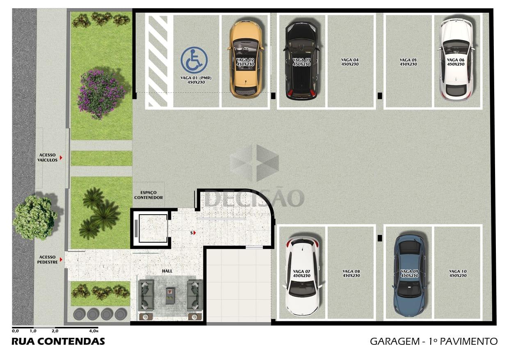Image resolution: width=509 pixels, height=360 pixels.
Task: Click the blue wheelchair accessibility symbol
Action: click(194, 60)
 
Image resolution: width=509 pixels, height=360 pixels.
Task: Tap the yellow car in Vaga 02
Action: click(247, 60)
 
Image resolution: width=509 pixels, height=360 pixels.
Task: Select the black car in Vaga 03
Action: click(301, 61)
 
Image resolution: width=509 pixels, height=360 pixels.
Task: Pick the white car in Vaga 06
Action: click(456, 59)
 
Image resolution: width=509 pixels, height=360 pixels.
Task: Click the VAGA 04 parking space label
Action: click(350, 62)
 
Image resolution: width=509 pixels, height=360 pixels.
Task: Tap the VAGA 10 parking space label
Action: click(458, 273)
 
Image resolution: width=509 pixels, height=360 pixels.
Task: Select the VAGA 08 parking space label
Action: click(351, 273)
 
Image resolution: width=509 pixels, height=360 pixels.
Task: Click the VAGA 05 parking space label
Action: click(408, 62)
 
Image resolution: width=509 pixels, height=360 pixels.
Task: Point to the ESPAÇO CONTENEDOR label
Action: click(148, 195)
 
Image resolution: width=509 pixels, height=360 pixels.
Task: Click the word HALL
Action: click(167, 271)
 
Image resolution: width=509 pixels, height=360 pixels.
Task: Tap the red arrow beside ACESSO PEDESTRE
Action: click(61, 259)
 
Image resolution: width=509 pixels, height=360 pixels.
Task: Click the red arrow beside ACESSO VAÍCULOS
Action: click(61, 157)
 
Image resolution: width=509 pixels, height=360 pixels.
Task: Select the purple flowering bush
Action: click(101, 94)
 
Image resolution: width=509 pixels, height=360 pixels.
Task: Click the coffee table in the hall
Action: click(170, 296)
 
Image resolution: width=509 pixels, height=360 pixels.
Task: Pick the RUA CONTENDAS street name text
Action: click(58, 342)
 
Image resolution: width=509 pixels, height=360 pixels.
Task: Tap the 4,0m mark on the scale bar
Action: click(94, 331)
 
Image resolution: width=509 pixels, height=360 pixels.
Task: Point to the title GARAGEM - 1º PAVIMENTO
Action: click(434, 342)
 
